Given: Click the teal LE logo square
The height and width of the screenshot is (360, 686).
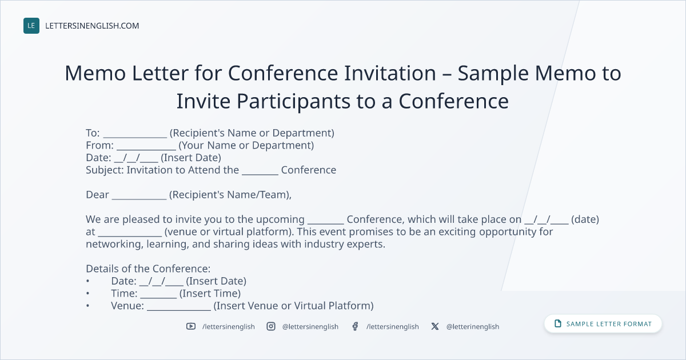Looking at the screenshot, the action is (31, 26).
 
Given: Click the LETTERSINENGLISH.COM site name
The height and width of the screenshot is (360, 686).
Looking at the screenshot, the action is (92, 26).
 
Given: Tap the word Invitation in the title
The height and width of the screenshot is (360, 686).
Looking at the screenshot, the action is (390, 73).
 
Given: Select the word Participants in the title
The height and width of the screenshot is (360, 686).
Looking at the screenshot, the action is (294, 101).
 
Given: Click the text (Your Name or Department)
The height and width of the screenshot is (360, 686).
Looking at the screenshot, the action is (246, 145).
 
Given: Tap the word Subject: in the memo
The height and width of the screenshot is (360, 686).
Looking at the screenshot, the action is (105, 170).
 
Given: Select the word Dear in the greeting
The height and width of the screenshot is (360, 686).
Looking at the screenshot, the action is (97, 195).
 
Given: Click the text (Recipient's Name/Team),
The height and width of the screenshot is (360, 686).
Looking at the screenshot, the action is (230, 195).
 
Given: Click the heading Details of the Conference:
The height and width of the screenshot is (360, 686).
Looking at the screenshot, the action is (148, 269).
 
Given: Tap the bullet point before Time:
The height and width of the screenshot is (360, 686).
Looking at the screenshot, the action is (88, 294).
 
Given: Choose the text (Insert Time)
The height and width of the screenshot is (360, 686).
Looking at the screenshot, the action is (210, 294).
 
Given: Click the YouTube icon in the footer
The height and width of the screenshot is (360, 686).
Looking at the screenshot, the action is (191, 326).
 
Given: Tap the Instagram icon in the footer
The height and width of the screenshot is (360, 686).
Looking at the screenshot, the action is (271, 326).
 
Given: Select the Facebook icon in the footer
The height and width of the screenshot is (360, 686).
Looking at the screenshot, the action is (355, 326).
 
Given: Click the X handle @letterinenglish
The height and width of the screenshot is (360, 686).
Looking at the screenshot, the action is (473, 327).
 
